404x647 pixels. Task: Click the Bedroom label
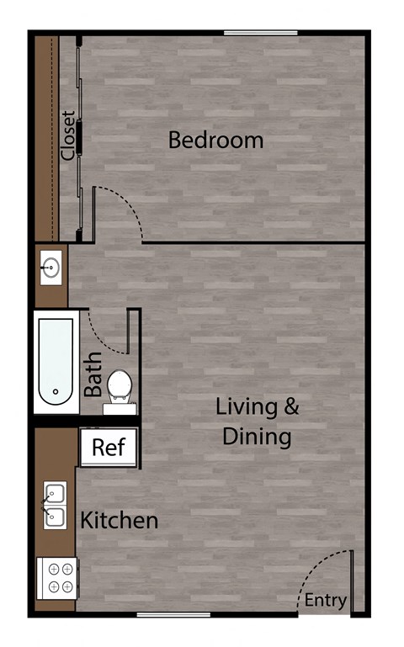[x=215, y=140]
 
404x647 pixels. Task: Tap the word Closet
[x=68, y=135]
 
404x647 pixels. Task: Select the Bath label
[x=93, y=374]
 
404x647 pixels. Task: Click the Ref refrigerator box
[x=108, y=447]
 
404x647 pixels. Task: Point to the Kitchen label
[x=119, y=520]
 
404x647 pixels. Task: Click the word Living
[x=246, y=408]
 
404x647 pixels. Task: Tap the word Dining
[x=257, y=438]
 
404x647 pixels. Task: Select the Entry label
[x=325, y=600]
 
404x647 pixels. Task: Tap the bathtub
[x=56, y=362]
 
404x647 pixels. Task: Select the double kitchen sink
[x=56, y=505]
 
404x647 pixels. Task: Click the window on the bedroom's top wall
[x=260, y=33]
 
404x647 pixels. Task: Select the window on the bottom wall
[x=173, y=615]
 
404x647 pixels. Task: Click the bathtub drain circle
[x=55, y=391]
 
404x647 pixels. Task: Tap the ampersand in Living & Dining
[x=290, y=408]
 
